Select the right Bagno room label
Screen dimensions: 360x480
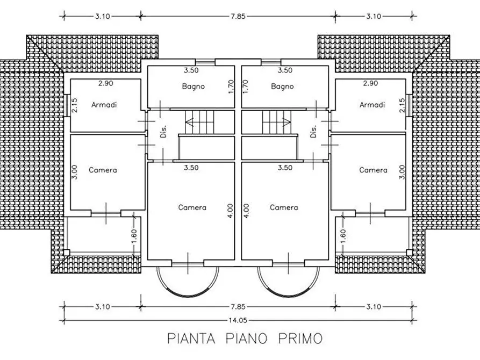[x=283, y=86]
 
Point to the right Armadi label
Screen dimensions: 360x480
[x=372, y=104]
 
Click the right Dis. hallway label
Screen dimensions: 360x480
[x=313, y=132]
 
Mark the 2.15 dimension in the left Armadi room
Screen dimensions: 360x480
[x=75, y=105]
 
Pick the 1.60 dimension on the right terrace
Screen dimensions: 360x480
[x=342, y=235]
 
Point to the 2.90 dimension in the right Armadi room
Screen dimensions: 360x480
[x=371, y=84]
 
